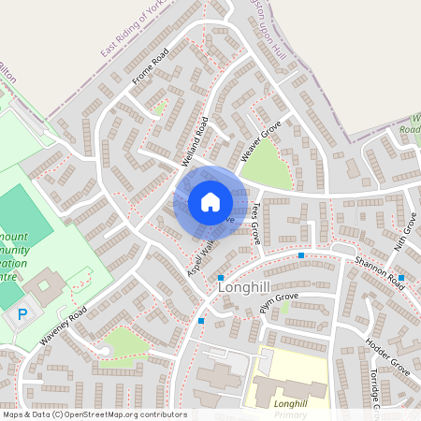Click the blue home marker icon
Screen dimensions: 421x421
210,202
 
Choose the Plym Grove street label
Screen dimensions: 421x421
279,301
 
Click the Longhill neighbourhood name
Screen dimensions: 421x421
245,288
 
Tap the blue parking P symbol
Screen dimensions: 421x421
21,316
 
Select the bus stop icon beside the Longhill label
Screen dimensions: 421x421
221,278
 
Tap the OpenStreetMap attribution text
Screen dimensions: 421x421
94,414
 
